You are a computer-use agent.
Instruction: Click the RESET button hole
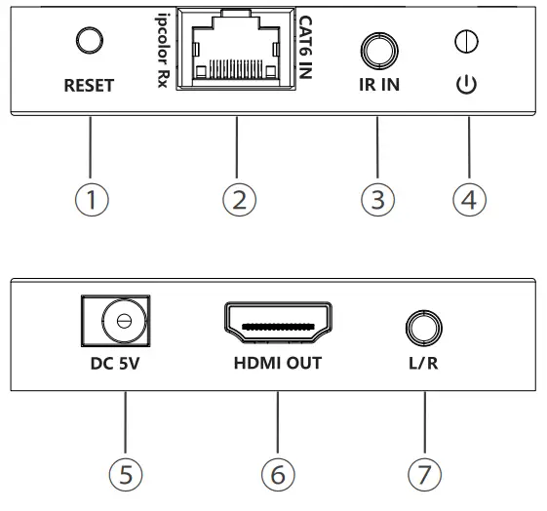coord(90,42)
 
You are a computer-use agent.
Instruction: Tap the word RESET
coord(90,86)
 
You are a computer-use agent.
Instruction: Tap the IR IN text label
coord(375,86)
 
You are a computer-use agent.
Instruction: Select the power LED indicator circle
coord(466,43)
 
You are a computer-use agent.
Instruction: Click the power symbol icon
coord(466,84)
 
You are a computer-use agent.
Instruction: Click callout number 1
coord(90,202)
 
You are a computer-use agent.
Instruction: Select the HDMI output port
coord(279,326)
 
